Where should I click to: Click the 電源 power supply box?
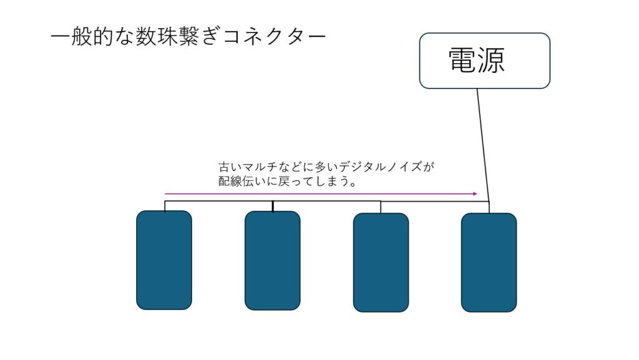click(484, 61)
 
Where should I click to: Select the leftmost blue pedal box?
click(164, 260)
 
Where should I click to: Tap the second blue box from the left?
click(272, 260)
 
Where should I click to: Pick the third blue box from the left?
click(381, 262)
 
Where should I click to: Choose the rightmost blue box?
click(489, 262)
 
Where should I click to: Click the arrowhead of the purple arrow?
click(474, 193)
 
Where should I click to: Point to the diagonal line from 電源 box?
click(483, 144)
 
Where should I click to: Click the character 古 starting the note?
click(224, 167)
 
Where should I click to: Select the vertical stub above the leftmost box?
click(165, 206)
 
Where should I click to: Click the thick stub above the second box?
click(273, 207)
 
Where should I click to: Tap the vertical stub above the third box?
click(381, 207)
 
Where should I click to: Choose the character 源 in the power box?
click(491, 61)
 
